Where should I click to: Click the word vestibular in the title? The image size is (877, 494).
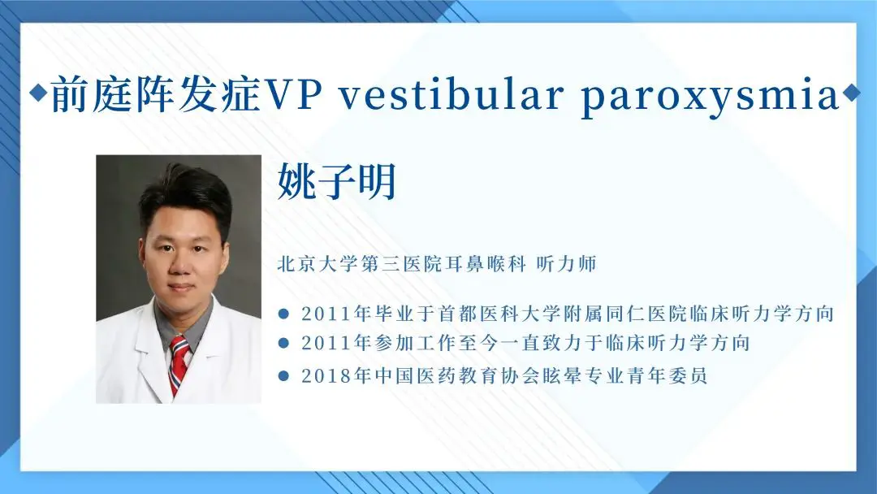(x=451, y=94)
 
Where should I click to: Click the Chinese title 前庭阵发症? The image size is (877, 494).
(x=156, y=94)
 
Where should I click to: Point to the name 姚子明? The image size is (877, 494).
(x=337, y=181)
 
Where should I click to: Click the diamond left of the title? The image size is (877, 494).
(x=39, y=93)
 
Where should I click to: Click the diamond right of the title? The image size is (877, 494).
(x=851, y=93)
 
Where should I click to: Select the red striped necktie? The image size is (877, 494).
(x=179, y=364)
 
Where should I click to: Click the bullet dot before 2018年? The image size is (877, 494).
(x=284, y=375)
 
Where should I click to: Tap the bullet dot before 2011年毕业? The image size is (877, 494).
(x=284, y=314)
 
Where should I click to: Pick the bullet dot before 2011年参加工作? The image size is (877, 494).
(x=284, y=343)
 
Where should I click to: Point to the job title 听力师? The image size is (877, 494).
(x=566, y=263)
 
